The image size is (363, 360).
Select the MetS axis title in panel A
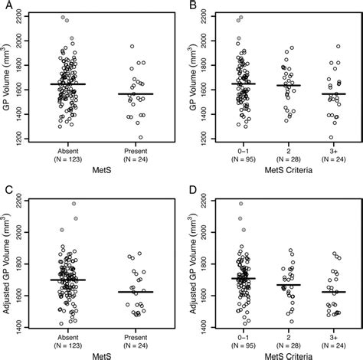107,172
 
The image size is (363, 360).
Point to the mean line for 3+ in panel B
332,93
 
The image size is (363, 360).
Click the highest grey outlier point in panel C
74,204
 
